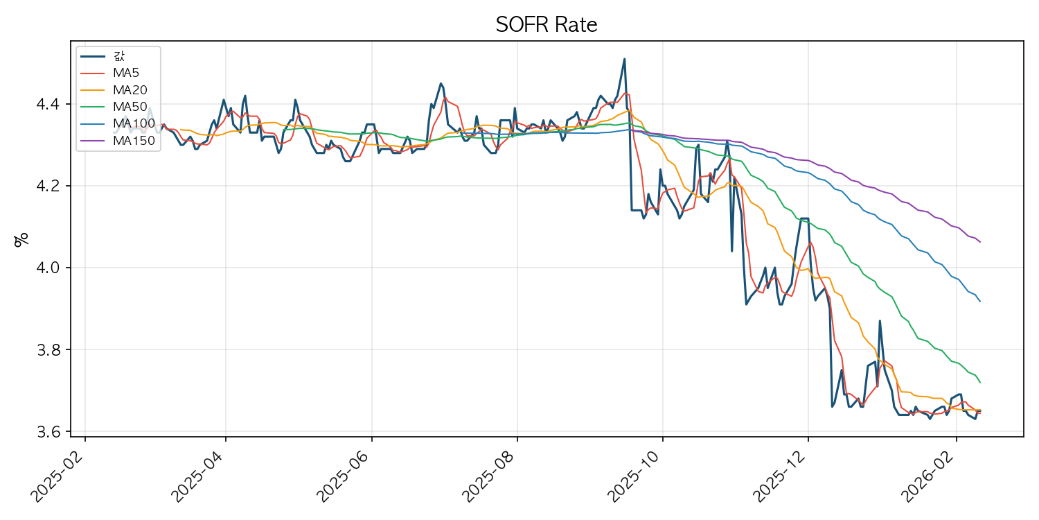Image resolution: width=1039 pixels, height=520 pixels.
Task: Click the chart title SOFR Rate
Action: [547, 25]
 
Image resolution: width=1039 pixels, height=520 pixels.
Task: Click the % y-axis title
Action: [21, 239]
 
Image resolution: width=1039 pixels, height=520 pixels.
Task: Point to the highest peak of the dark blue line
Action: [624, 59]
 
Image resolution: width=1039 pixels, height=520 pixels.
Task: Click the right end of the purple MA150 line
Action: [980, 242]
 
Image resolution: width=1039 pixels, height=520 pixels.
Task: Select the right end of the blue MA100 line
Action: [980, 302]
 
